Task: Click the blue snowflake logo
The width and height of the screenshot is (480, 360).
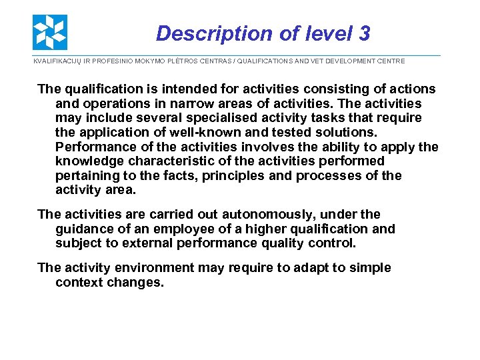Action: point(50,32)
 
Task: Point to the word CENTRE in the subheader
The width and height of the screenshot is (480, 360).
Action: point(389,61)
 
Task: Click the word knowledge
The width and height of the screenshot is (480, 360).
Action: point(89,161)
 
